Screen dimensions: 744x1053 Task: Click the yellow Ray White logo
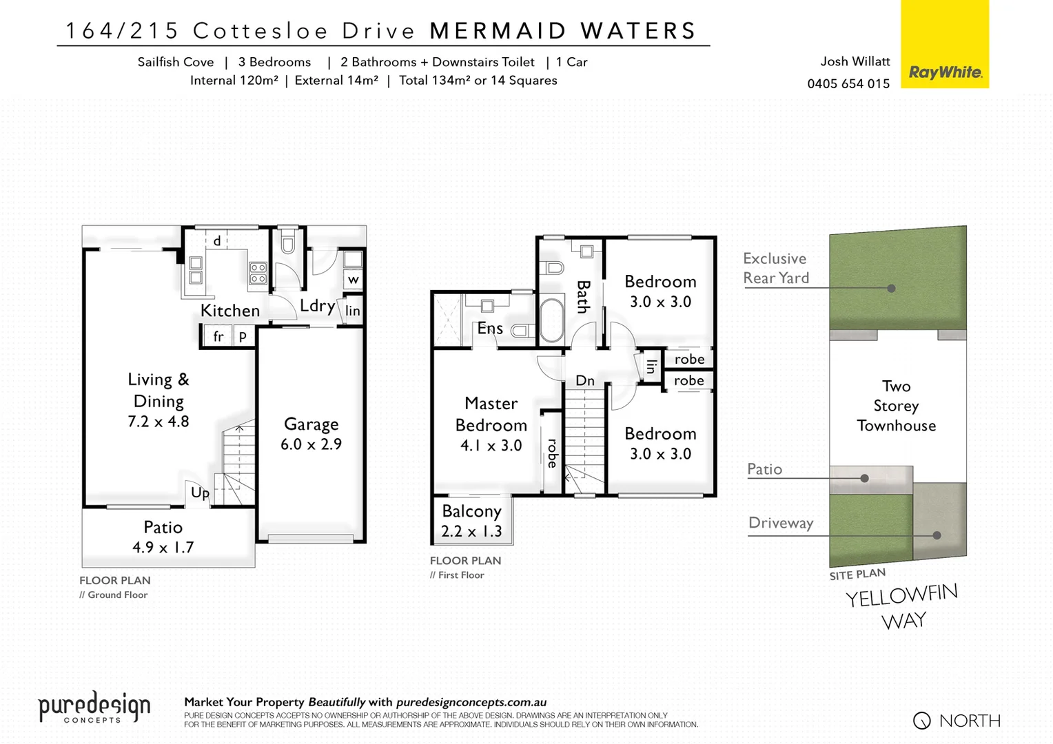pyautogui.click(x=944, y=44)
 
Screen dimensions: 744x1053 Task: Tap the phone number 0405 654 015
pyautogui.click(x=848, y=83)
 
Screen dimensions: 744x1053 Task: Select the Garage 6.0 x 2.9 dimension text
pyautogui.click(x=311, y=444)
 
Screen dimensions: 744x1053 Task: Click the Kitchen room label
pyautogui.click(x=230, y=311)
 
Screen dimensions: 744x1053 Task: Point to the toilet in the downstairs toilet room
pyautogui.click(x=287, y=242)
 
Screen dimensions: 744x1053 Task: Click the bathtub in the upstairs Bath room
pyautogui.click(x=551, y=320)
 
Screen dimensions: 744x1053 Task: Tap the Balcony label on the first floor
pyautogui.click(x=471, y=511)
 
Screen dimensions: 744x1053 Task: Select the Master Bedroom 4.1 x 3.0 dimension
pyautogui.click(x=491, y=446)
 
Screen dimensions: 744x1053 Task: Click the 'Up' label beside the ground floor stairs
pyautogui.click(x=200, y=493)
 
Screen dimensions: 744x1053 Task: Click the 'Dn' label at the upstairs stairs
pyautogui.click(x=584, y=380)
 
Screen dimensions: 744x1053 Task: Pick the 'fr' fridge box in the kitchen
pyautogui.click(x=218, y=337)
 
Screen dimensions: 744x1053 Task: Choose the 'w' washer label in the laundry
pyautogui.click(x=353, y=279)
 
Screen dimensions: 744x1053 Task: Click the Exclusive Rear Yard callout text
pyautogui.click(x=775, y=268)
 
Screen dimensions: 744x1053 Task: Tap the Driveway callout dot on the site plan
pyautogui.click(x=937, y=535)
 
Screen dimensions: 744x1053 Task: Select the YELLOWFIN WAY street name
pyautogui.click(x=903, y=607)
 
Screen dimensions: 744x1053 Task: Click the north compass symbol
pyautogui.click(x=921, y=721)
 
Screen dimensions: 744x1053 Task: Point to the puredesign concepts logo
pyautogui.click(x=94, y=708)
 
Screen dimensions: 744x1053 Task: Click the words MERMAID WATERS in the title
pyautogui.click(x=563, y=31)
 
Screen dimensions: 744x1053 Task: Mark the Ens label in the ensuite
pyautogui.click(x=490, y=329)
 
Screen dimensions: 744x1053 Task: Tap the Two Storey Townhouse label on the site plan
pyautogui.click(x=896, y=406)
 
